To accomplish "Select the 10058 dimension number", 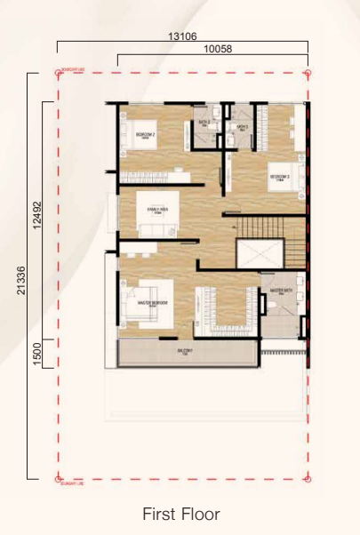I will click(217, 50).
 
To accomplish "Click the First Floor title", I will click(180, 514).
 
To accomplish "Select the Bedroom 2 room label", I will click(146, 135).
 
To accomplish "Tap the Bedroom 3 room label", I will click(280, 177).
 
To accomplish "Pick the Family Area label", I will click(158, 212).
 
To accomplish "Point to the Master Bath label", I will click(282, 290).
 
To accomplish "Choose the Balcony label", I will click(185, 352).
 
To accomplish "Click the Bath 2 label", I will click(204, 122).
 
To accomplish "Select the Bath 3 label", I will click(241, 127).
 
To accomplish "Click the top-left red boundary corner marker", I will click(59, 71).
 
